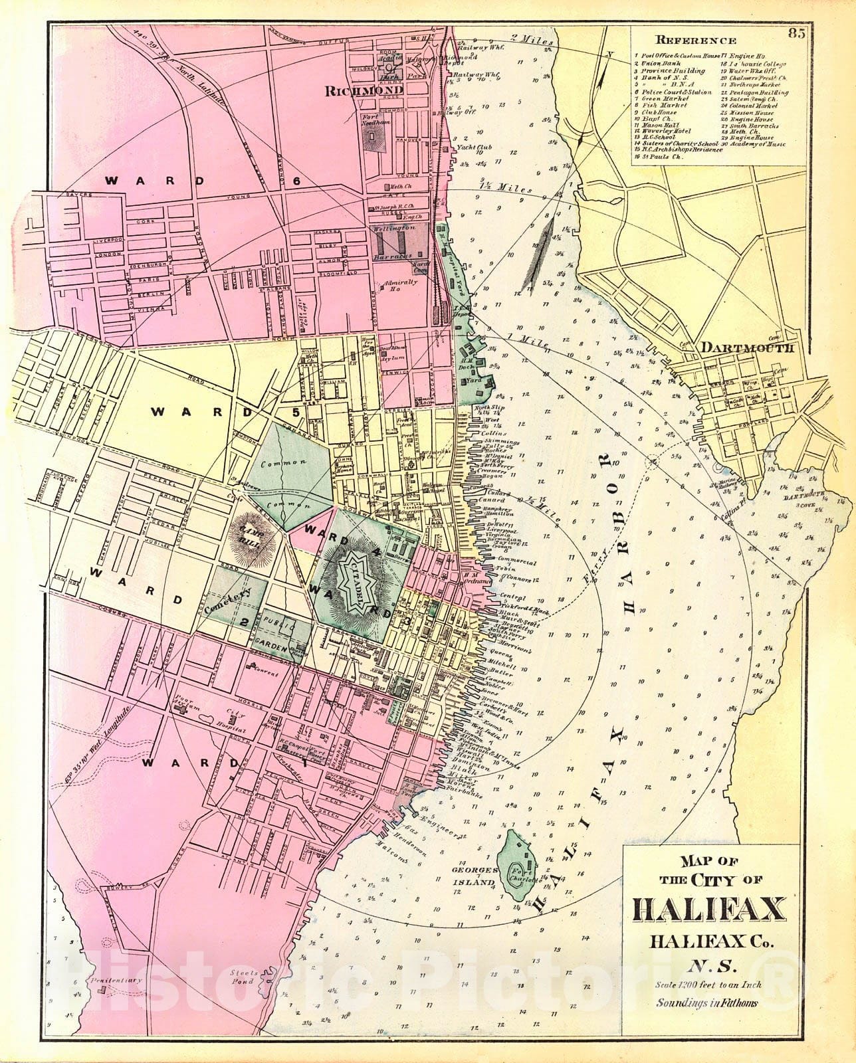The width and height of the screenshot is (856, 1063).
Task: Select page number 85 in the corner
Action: coord(798,35)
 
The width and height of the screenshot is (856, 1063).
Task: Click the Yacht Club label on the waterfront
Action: coord(473,147)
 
